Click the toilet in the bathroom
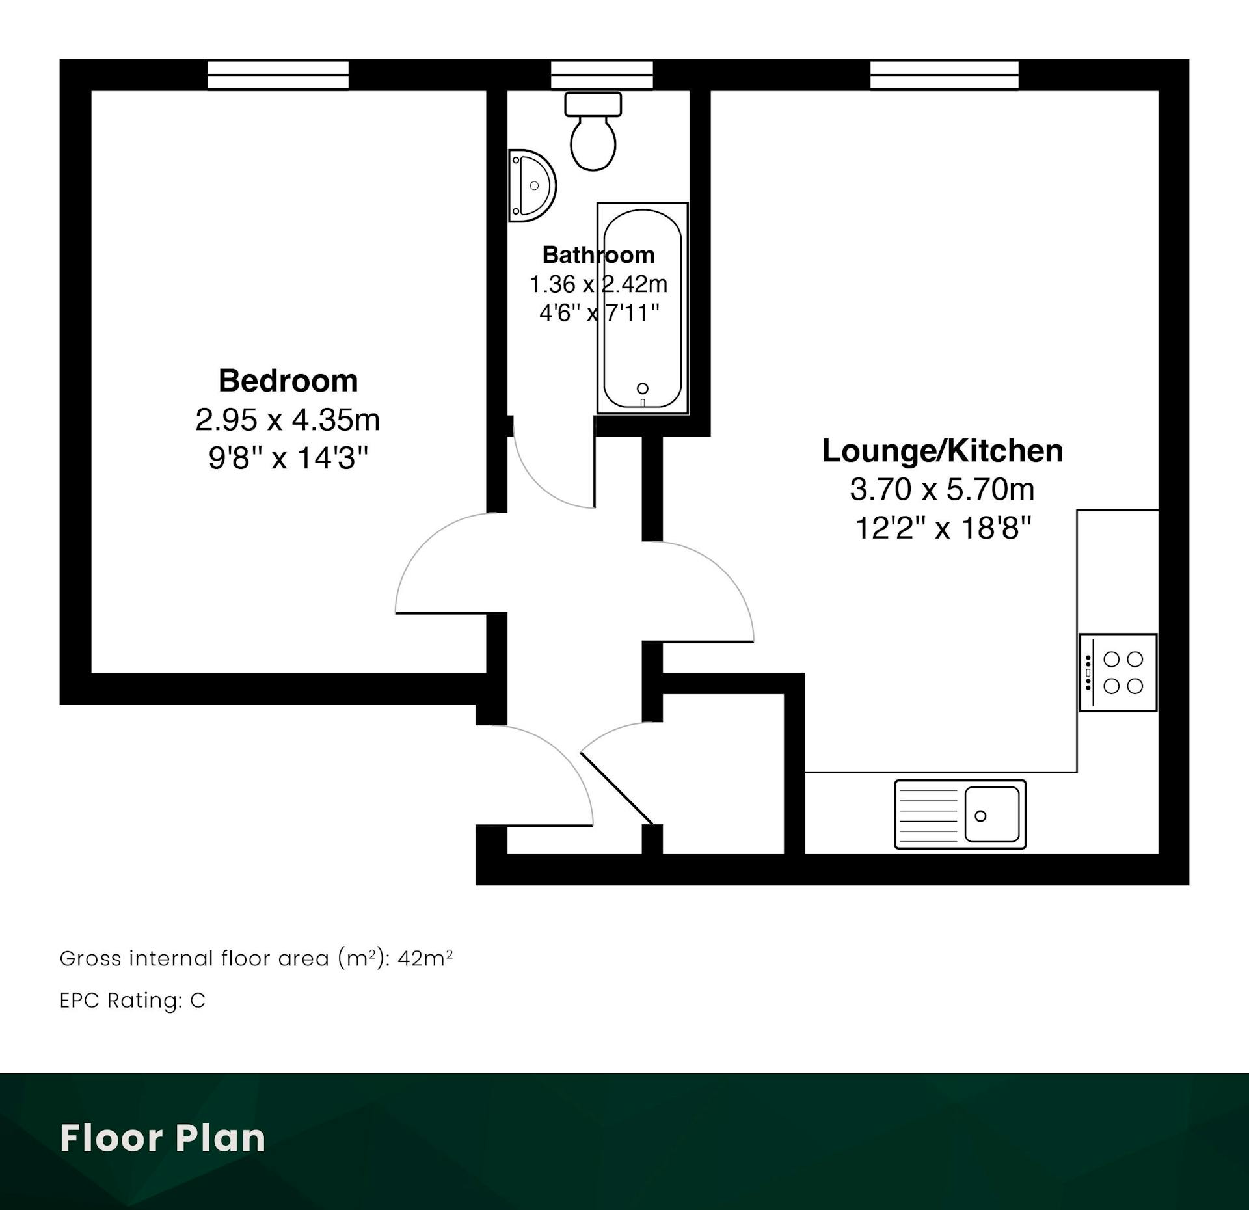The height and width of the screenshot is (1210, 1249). click(x=593, y=131)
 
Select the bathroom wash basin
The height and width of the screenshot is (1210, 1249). click(x=531, y=186)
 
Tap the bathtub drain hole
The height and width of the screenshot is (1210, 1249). click(x=643, y=388)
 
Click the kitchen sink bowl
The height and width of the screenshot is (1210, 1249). click(x=992, y=814)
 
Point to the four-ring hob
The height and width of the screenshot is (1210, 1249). click(x=1118, y=673)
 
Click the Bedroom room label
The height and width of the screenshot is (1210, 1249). click(x=288, y=381)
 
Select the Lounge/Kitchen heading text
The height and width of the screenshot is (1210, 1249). click(x=943, y=451)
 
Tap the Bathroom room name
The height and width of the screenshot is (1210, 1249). click(x=598, y=254)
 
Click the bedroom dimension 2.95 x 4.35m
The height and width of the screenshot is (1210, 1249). click(x=288, y=420)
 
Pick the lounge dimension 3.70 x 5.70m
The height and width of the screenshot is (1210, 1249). click(x=942, y=489)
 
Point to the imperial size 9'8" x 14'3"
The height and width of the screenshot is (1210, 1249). click(x=288, y=458)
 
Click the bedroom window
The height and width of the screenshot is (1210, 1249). click(x=278, y=75)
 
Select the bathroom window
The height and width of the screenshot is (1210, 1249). click(x=602, y=75)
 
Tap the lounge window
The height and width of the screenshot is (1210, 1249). click(x=945, y=75)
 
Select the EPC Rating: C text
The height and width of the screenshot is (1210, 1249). click(x=133, y=1000)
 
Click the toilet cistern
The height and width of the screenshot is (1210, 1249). click(x=593, y=104)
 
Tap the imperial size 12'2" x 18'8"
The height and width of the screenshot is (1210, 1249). click(x=943, y=528)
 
